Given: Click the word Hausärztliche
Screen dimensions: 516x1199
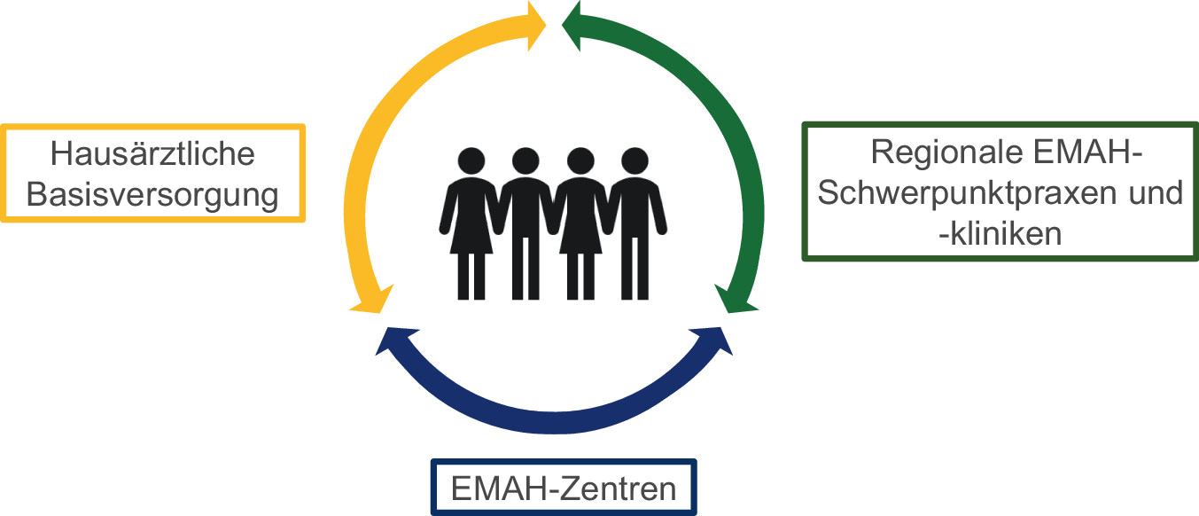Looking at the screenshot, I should click(x=152, y=154).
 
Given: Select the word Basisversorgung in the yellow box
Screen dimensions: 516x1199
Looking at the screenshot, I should click(x=152, y=194).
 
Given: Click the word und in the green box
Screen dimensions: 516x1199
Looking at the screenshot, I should click(x=1157, y=193).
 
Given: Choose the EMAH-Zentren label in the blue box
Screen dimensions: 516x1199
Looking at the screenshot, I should click(x=563, y=489).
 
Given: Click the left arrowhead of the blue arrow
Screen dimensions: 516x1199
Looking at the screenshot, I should click(x=395, y=341).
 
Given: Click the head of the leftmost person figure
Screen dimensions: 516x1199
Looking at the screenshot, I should click(x=471, y=162).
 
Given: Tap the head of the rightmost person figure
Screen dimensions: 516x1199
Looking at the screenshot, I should click(x=634, y=162).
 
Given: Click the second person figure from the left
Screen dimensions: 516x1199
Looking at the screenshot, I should click(x=526, y=222).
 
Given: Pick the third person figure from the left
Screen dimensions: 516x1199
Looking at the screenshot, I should click(x=580, y=222).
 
